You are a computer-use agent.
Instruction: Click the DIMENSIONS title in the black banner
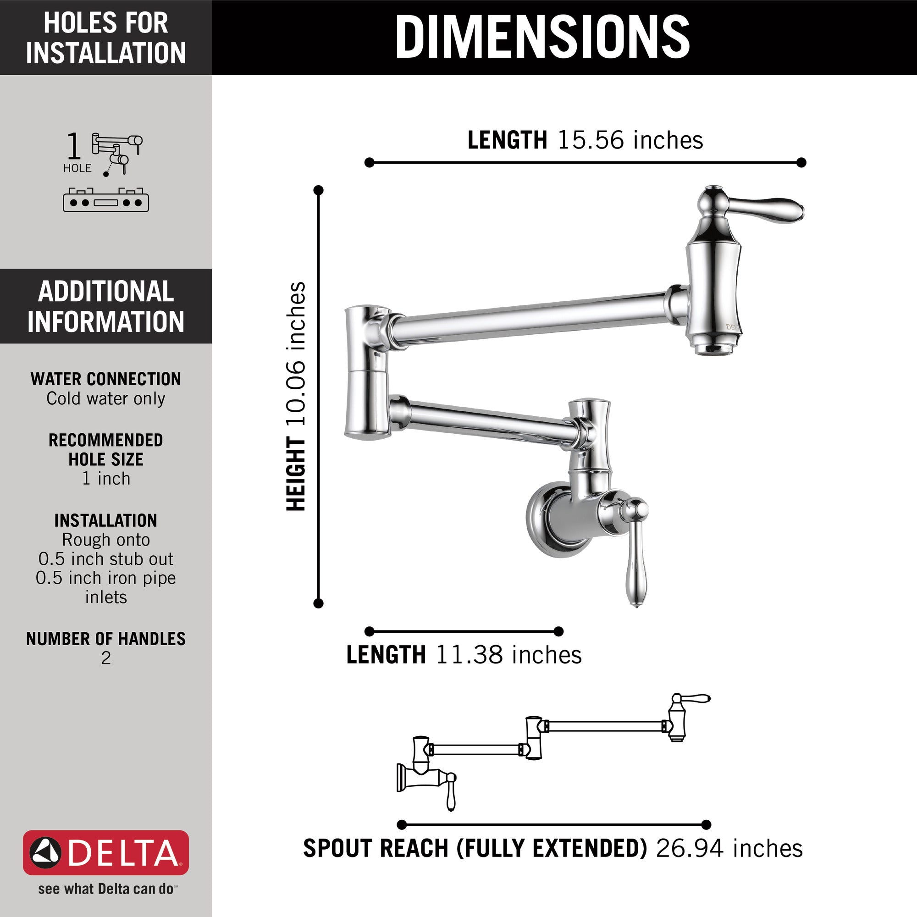click(542, 37)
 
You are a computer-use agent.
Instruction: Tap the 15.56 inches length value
click(630, 140)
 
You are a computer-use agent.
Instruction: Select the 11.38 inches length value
click(508, 655)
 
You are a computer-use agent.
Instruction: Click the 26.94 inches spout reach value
click(729, 849)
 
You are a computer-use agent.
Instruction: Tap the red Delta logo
click(106, 852)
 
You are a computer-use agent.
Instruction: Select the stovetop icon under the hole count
click(106, 200)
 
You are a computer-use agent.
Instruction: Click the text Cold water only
click(106, 399)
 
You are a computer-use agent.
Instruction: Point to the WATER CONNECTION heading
click(106, 379)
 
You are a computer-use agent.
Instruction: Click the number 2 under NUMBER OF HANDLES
click(106, 658)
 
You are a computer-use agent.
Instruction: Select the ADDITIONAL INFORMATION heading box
click(106, 306)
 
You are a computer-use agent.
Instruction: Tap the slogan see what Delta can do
click(106, 889)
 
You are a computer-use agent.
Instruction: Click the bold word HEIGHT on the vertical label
click(296, 475)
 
